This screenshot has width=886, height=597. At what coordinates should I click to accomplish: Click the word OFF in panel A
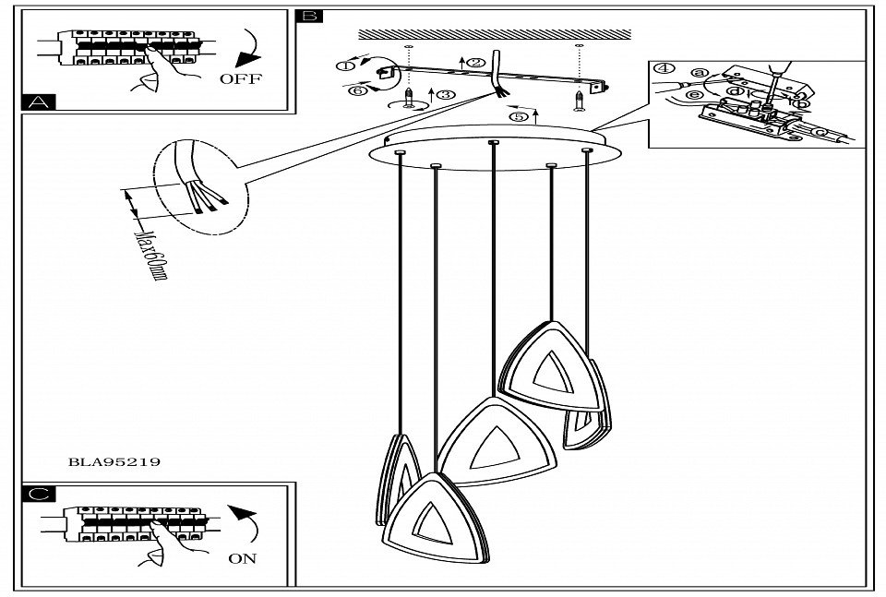[x=240, y=78]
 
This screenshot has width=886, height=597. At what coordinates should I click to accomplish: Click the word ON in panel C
[x=243, y=557]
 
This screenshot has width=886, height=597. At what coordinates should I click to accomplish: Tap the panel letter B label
[x=309, y=17]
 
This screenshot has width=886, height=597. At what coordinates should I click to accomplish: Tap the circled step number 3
[x=447, y=94]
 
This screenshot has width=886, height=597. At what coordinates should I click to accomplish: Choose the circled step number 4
[x=662, y=69]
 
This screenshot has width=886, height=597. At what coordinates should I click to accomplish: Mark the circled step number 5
[x=520, y=117]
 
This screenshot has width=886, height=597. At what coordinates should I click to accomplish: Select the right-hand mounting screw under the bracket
[x=579, y=97]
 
